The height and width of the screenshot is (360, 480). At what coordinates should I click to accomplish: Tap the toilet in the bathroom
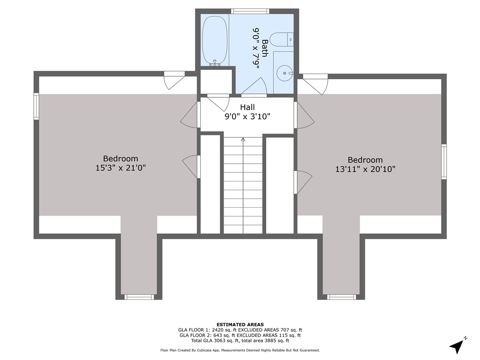[282, 39]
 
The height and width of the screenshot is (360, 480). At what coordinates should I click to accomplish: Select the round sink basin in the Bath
[285, 74]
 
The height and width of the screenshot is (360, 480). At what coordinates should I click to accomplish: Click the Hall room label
[247, 107]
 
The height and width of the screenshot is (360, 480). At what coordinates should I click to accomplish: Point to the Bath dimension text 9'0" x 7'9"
[256, 48]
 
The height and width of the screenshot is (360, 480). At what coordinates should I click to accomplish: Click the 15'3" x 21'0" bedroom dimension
[120, 168]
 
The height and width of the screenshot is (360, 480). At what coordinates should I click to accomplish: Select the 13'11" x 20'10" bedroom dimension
[365, 169]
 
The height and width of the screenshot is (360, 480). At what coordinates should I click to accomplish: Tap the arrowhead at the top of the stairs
[243, 140]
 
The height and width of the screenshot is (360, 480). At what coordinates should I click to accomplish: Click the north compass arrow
[457, 346]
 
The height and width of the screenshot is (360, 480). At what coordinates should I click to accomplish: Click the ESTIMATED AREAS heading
[240, 324]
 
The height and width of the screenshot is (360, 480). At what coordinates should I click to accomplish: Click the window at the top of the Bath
[250, 11]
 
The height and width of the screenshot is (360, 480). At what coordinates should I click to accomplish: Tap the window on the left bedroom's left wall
[37, 106]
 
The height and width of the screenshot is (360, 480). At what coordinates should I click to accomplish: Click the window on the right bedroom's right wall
[444, 161]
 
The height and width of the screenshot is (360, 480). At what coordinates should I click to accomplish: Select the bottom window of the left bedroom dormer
[139, 297]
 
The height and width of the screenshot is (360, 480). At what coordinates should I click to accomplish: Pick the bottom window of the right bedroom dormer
[342, 297]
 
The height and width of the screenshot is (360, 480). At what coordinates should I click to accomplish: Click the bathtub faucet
[215, 63]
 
